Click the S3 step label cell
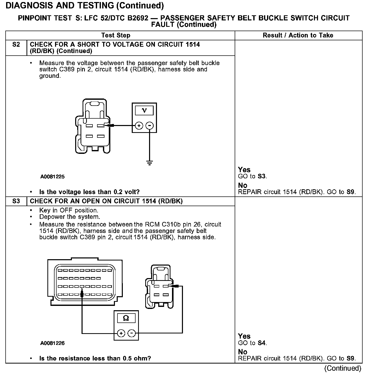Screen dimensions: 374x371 pos(16,201)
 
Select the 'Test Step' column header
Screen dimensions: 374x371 pos(116,35)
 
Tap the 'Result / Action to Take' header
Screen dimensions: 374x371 pos(298,35)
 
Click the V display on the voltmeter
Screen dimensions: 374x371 pos(144,110)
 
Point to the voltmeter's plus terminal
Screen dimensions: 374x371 pos(139,126)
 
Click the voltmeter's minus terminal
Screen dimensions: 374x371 pos(150,126)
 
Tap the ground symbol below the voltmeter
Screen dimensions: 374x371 pos(150,163)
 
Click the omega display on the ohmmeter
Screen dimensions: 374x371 pos(126,318)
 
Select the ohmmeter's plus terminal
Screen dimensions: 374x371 pos(121,333)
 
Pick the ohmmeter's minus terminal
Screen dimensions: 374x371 pos(131,333)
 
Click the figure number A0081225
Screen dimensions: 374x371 pos(52,177)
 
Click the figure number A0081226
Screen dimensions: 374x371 pos(52,343)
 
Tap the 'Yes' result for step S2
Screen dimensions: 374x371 pos(244,170)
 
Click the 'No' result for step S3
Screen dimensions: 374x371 pos(243,352)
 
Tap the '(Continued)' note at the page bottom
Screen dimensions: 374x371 pos(342,368)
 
